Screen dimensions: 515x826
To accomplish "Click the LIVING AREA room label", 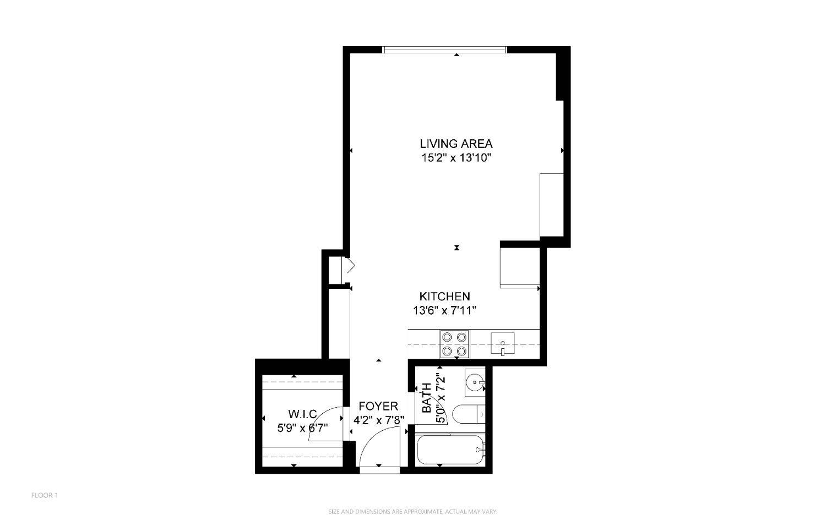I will coord(456,144).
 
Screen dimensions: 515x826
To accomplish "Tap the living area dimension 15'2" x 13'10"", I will coord(456,158).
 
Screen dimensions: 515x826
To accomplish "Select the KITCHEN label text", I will coord(444,297).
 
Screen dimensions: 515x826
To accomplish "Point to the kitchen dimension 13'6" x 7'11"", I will coord(444,310).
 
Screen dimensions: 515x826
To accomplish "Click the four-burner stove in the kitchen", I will coord(454,344).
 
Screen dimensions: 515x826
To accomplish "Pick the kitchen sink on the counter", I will coord(503,344).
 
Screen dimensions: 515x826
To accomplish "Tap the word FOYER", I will coord(378,407).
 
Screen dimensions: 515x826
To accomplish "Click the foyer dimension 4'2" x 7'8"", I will coord(379,420).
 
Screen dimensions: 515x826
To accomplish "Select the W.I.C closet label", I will coord(302,414).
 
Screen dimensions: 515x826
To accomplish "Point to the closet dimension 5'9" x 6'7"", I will coord(302,427).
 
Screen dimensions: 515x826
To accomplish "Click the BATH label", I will coord(427,398).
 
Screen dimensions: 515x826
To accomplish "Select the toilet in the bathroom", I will coord(468,414).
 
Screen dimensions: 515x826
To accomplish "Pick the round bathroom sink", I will coord(475,380).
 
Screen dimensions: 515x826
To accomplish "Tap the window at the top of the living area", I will coord(444,50).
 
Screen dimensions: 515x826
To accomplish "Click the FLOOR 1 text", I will coord(44,495).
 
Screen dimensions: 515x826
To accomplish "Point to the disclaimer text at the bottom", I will coord(412,512).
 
